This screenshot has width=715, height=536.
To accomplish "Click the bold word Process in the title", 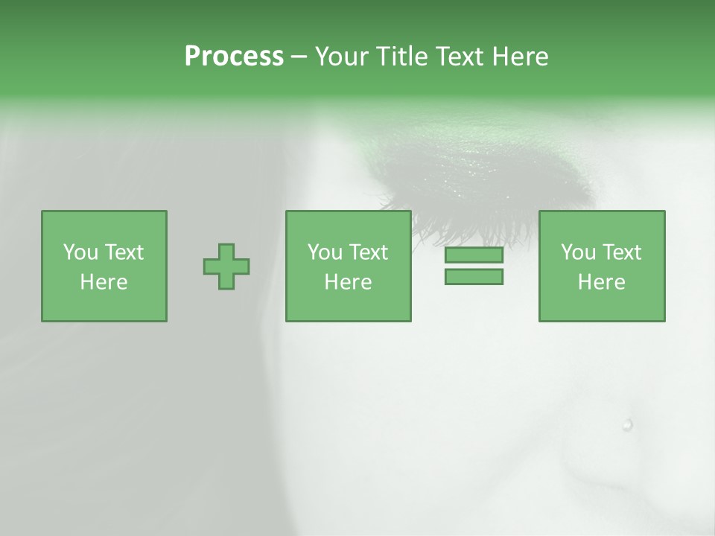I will (234, 57).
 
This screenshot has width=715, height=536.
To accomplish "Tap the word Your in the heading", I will (342, 57).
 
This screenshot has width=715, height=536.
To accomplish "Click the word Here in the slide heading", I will (519, 57).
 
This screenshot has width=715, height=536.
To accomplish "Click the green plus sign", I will (226, 267).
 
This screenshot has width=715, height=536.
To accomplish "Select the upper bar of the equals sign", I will (474, 255).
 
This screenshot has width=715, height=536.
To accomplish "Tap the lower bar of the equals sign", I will (474, 277).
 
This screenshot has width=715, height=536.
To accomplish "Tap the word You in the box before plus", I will (80, 252).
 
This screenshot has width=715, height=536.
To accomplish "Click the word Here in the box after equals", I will (601, 282).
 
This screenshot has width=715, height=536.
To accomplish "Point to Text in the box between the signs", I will (369, 252).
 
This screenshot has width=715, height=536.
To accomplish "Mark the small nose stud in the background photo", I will (627, 425).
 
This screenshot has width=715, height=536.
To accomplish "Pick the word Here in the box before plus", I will (104, 282).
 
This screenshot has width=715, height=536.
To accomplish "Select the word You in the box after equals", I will (578, 252).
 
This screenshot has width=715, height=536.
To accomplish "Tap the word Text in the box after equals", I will (623, 252).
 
